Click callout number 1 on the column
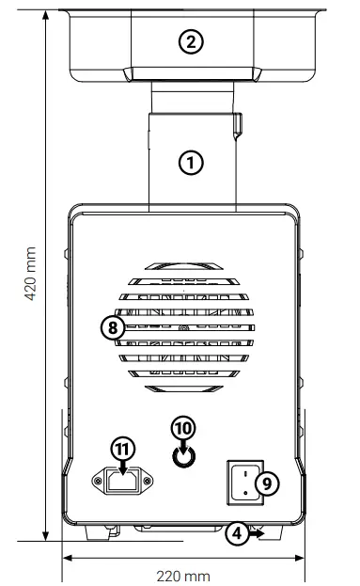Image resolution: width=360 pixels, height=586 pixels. tap(191, 162)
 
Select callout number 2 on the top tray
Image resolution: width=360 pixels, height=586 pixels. tap(191, 40)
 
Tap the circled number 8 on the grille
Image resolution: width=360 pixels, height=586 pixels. tap(113, 328)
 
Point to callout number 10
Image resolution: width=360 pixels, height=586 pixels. tap(183, 428)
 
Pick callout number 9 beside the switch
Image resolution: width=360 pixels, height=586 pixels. tap(266, 483)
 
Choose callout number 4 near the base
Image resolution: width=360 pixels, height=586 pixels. tap(237, 533)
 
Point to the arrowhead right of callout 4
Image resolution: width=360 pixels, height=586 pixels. tap(259, 533)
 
